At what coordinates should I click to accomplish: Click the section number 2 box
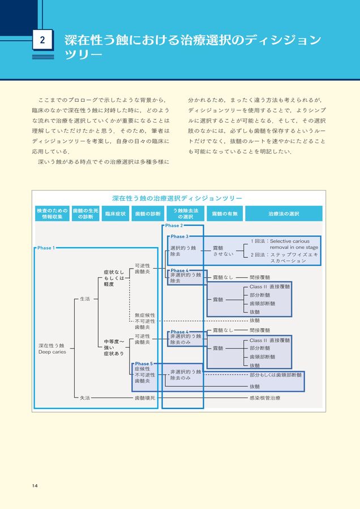click(x=43, y=40)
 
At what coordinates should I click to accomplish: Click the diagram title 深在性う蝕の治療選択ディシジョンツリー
click(x=177, y=199)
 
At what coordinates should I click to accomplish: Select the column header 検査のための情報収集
click(x=52, y=213)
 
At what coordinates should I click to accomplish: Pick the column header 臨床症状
click(x=115, y=214)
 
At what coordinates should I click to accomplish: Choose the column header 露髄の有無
click(x=224, y=214)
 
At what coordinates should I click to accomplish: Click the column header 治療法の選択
click(x=284, y=214)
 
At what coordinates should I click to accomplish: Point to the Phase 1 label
click(x=46, y=248)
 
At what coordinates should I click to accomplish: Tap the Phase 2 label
click(x=174, y=226)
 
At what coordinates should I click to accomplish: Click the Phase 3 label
click(x=179, y=236)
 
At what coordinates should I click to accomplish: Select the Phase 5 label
click(x=144, y=364)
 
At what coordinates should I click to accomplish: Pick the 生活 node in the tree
click(x=85, y=299)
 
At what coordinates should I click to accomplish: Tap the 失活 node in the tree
click(x=85, y=398)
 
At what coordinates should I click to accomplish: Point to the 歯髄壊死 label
click(x=144, y=398)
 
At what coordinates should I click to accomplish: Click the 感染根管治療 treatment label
click(x=264, y=398)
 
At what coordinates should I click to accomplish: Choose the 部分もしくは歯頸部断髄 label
click(x=276, y=375)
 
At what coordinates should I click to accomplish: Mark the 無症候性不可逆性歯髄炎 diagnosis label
click(x=144, y=321)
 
